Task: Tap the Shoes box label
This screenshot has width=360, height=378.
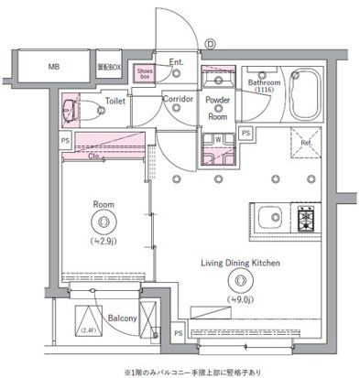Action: point(145,72)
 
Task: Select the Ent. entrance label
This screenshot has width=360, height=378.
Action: point(177,62)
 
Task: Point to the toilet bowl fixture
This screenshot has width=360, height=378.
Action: point(73,112)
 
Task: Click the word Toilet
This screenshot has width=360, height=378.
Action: point(115,102)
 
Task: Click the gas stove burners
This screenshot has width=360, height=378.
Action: point(306,219)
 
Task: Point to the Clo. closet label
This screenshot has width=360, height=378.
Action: point(97,155)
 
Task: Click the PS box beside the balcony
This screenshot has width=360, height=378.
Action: point(178,333)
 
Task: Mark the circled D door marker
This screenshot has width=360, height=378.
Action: point(210,42)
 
